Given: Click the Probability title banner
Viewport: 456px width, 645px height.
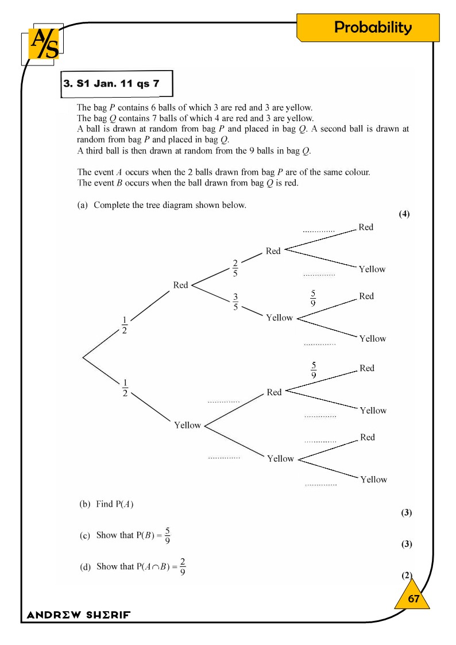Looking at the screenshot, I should (x=373, y=28).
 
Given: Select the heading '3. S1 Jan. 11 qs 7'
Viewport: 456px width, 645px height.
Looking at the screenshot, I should (x=111, y=84).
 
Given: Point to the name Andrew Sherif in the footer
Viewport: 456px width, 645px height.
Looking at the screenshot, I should (x=79, y=615).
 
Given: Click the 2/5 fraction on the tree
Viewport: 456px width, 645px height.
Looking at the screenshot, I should (x=235, y=268).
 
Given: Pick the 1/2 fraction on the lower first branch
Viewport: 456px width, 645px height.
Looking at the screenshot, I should (x=125, y=388).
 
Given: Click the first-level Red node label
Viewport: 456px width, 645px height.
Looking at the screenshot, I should (x=180, y=285).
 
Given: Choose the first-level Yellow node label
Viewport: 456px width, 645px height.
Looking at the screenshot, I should (x=187, y=426).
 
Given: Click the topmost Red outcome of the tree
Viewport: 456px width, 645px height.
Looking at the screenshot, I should (x=366, y=227).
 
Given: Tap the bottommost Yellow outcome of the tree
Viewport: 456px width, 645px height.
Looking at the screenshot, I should (x=373, y=480).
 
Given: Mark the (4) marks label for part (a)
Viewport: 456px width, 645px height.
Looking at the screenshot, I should (x=404, y=214).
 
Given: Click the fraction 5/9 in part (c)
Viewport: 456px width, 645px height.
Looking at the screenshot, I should (x=167, y=535).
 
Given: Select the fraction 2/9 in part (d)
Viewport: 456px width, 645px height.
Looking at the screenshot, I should (x=182, y=566).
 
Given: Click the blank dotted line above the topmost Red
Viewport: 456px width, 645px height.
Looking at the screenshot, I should (x=319, y=231).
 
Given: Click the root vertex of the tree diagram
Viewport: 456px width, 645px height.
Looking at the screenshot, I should (x=83, y=357).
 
